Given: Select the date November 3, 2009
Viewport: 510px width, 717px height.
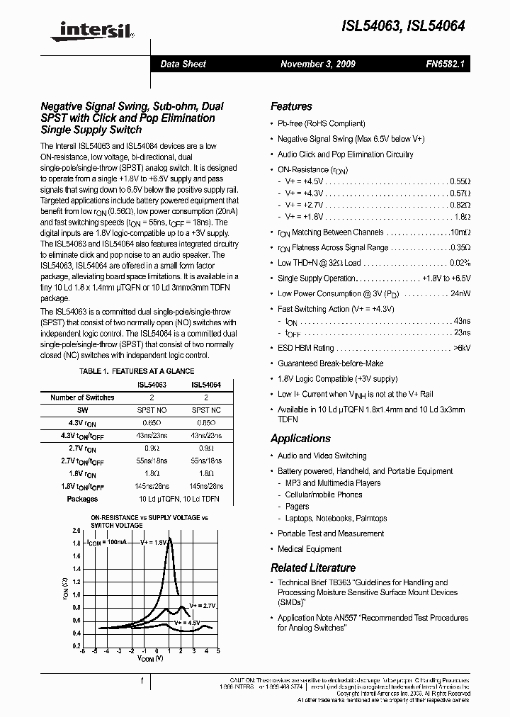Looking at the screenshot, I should pyautogui.click(x=318, y=64).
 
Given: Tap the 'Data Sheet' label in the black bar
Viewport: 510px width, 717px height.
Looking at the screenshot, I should pyautogui.click(x=183, y=64).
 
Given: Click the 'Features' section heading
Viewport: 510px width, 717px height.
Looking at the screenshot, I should pyautogui.click(x=291, y=106).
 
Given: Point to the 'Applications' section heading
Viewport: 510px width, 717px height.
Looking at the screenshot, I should pyautogui.click(x=300, y=439).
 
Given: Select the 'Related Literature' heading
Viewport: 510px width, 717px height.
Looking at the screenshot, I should pyautogui.click(x=313, y=568).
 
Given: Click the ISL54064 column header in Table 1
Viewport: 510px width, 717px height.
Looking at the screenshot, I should pyautogui.click(x=206, y=385).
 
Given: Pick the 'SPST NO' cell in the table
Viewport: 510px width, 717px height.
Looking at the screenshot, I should pyautogui.click(x=151, y=410).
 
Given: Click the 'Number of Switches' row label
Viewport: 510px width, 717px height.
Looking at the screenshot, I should pyautogui.click(x=82, y=397).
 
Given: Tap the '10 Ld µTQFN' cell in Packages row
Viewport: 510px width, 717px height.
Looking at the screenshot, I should pyautogui.click(x=151, y=499).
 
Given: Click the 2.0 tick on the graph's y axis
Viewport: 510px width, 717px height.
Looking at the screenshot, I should pyautogui.click(x=76, y=531).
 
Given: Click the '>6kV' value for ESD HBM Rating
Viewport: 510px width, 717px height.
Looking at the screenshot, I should pyautogui.click(x=461, y=348).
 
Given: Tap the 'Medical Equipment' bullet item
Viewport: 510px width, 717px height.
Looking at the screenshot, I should pyautogui.click(x=310, y=549).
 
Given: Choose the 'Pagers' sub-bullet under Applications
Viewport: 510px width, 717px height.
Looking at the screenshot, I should pyautogui.click(x=297, y=507).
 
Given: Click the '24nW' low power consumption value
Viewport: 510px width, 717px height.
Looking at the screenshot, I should pyautogui.click(x=459, y=293).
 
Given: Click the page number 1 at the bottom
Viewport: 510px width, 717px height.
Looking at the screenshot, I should pyautogui.click(x=142, y=681).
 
